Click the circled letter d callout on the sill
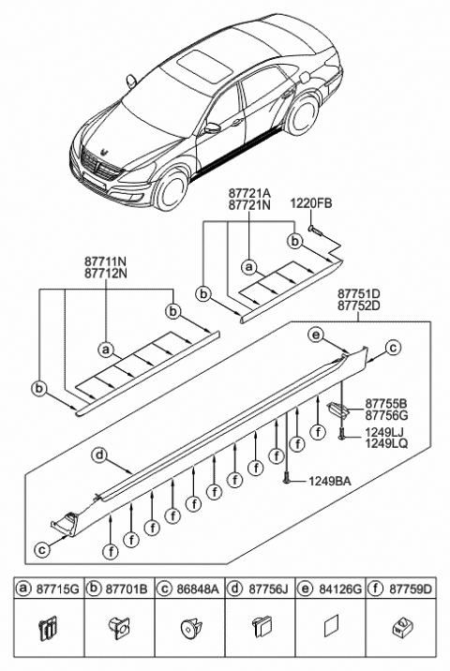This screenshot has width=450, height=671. click(x=98, y=455)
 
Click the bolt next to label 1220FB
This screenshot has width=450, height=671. click(x=315, y=228)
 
